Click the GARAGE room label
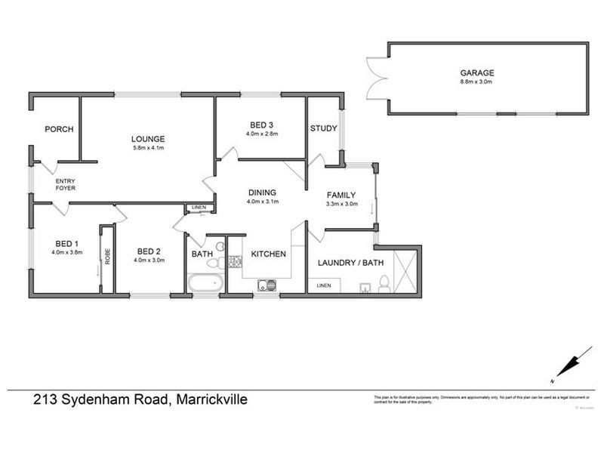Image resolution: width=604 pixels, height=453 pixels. [x=477, y=73]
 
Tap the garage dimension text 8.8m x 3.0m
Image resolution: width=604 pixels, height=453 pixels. [x=477, y=82]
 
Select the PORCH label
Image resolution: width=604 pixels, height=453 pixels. [x=58, y=129]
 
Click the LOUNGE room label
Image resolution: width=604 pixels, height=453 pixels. [x=147, y=138]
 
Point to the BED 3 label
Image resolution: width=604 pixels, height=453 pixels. [x=262, y=125]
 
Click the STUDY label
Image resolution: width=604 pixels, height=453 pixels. [x=323, y=128]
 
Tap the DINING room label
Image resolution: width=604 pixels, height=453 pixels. [x=262, y=193]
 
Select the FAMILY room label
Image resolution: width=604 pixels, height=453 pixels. [x=341, y=194]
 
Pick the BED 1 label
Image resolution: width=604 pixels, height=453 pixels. [x=66, y=243]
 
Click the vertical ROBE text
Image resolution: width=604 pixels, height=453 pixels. [x=107, y=257]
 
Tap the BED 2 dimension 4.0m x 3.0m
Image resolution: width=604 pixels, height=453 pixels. [x=149, y=260]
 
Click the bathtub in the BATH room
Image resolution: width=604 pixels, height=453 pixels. [x=205, y=285]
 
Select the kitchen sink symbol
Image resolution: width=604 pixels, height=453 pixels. [x=266, y=285]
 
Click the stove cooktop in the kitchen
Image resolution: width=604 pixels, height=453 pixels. [x=234, y=261]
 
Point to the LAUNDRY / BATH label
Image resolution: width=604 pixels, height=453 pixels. [x=351, y=263]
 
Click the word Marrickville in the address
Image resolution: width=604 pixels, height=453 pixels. [x=212, y=400]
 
